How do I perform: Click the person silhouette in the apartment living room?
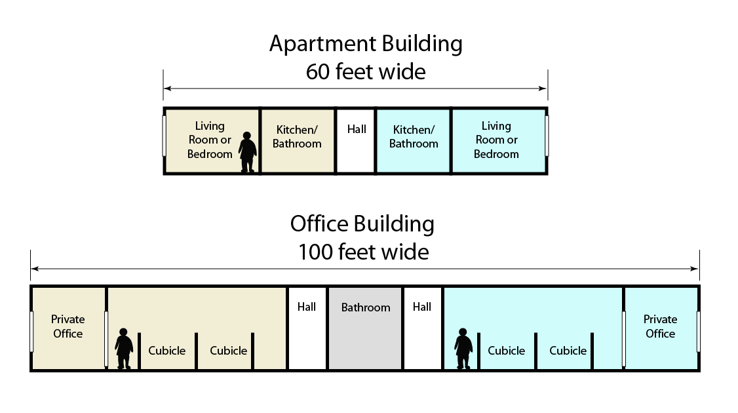click(x=247, y=152)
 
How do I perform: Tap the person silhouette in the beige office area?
click(x=124, y=349)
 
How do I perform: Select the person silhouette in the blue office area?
click(x=463, y=349)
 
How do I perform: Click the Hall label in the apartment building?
click(x=357, y=129)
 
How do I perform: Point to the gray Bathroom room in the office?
click(x=365, y=328)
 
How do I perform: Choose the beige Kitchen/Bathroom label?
click(x=297, y=137)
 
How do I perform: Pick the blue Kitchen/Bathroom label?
click(x=414, y=137)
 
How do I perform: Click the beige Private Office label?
click(x=68, y=326)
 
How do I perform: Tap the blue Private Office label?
click(x=660, y=326)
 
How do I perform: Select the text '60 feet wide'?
click(x=366, y=71)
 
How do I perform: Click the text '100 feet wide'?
click(x=364, y=252)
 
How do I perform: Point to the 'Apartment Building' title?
click(x=366, y=44)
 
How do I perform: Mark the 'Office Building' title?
click(x=362, y=224)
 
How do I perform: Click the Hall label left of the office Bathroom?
click(x=307, y=307)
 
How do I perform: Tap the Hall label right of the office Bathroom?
click(x=422, y=307)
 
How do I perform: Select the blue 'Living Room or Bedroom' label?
click(x=496, y=140)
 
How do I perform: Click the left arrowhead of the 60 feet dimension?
click(x=166, y=88)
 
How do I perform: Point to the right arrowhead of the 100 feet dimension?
click(x=696, y=269)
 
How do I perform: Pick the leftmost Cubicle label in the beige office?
click(x=167, y=351)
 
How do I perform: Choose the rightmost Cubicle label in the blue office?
click(x=568, y=351)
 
